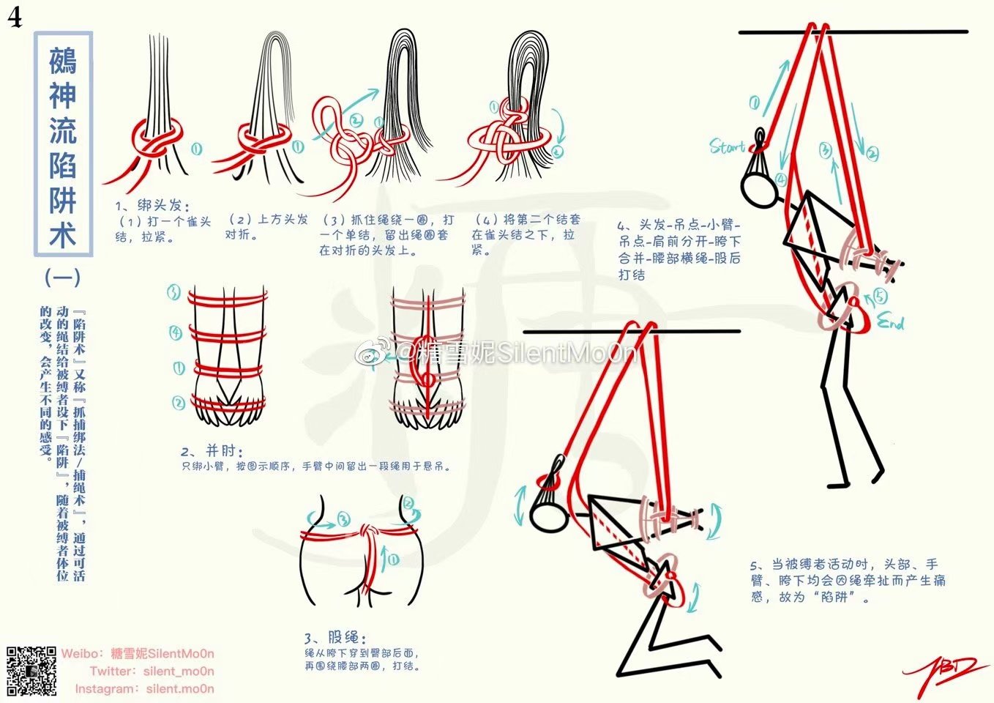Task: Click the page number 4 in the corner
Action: [x=15, y=17]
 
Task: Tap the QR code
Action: [x=31, y=671]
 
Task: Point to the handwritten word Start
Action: [x=727, y=146]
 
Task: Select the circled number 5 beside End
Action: [x=879, y=296]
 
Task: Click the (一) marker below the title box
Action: [x=62, y=277]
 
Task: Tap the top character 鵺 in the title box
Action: [x=63, y=61]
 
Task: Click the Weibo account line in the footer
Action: [x=138, y=654]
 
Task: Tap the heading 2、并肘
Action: [x=212, y=451]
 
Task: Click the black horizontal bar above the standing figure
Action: [x=853, y=32]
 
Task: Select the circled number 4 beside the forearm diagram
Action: [x=176, y=333]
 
